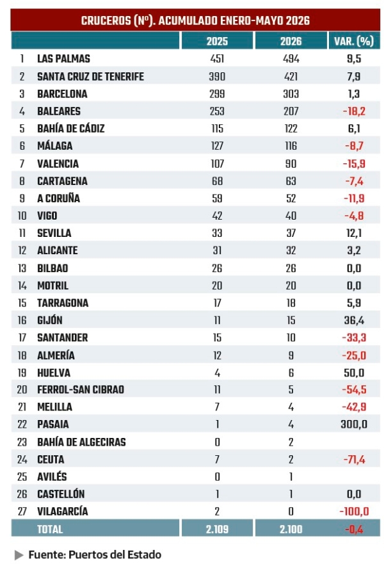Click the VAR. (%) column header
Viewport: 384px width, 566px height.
[354, 41]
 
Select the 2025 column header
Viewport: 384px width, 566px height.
[217, 41]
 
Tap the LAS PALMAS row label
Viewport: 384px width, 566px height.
[63, 58]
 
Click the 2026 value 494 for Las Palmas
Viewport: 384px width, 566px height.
[291, 58]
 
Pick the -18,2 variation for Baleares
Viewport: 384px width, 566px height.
[354, 111]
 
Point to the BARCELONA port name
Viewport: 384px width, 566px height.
[62, 94]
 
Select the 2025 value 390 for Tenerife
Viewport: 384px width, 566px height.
[217, 77]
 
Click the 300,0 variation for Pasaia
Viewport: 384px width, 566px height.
[354, 424]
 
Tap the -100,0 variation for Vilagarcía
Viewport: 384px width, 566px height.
[354, 512]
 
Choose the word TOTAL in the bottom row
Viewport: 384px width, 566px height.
[50, 529]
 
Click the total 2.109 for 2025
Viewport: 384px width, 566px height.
[217, 529]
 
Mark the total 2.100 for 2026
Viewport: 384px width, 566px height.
[291, 529]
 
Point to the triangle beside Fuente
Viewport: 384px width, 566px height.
[19, 555]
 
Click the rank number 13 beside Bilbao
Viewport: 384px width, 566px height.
[22, 268]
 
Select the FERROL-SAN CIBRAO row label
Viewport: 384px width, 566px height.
[81, 389]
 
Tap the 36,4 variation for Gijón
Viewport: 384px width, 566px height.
[354, 320]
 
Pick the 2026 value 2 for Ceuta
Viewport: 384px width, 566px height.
[291, 460]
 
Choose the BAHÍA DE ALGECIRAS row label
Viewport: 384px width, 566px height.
[81, 442]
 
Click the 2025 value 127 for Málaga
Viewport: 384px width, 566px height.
[217, 146]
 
